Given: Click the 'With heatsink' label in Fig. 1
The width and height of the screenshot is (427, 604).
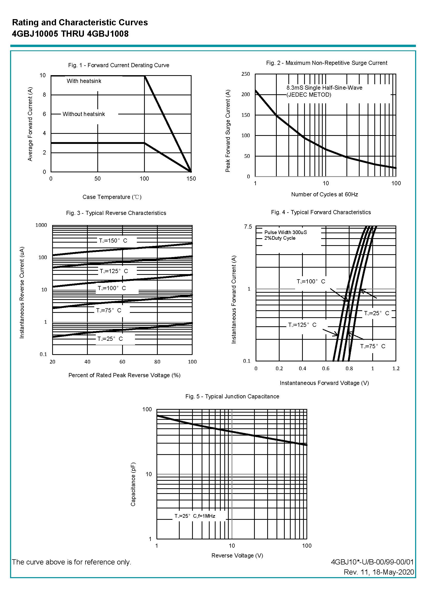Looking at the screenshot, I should point(84,81).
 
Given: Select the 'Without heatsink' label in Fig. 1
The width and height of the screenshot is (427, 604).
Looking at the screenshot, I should point(84,114).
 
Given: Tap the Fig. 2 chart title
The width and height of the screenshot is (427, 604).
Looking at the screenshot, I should point(327,63).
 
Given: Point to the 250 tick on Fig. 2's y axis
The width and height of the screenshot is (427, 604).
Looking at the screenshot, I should point(246,74).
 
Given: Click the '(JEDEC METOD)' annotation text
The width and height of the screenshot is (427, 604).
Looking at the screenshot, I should point(309,95).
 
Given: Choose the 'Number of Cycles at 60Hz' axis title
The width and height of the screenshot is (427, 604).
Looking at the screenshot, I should point(325,195).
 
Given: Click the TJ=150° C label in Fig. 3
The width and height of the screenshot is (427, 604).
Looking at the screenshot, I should point(113,241).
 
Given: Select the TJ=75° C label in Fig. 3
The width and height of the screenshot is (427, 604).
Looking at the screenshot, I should point(109,311).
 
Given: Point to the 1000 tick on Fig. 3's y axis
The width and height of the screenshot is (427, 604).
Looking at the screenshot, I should point(41,225).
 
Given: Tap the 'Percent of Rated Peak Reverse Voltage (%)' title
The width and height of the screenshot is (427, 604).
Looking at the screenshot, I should point(124,375).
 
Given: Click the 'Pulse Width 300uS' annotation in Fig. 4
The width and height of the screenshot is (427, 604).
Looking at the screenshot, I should point(286,232).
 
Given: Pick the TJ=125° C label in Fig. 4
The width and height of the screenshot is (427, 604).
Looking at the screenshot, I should point(302,325).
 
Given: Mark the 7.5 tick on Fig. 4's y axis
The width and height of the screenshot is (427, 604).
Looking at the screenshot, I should point(248,227).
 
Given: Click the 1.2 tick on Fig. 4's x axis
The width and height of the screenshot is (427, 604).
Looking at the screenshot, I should point(396,369).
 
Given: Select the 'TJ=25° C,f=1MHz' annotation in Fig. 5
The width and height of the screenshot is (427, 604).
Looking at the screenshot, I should point(195,516).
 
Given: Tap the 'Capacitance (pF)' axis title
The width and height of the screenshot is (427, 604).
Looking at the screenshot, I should point(133,484).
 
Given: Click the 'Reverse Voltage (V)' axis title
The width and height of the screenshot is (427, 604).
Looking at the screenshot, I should point(237,555).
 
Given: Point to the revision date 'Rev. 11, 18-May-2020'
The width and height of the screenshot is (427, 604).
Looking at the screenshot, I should point(379,572).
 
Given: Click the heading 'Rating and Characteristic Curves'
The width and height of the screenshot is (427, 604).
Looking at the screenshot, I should point(80,22).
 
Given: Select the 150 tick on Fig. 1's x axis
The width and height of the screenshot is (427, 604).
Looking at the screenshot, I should point(191,179).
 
